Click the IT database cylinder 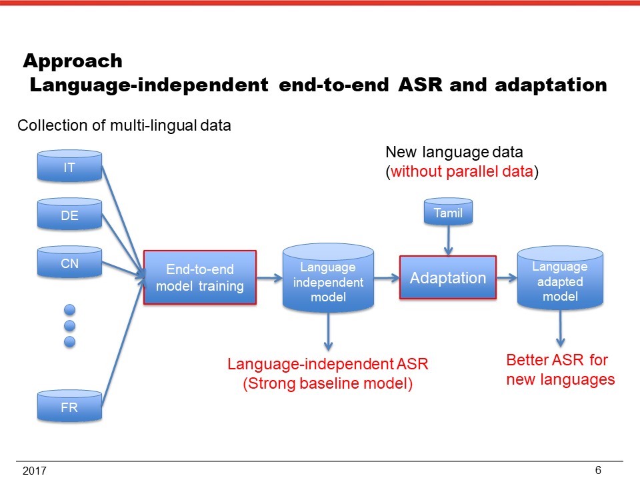pos(69,167)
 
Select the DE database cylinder pos(69,215)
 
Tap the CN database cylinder pos(69,263)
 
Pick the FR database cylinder pos(69,407)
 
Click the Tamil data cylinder pos(448,213)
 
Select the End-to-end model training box pos(200,278)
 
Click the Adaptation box pos(448,278)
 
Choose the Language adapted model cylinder pos(561,279)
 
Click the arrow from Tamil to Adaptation pos(448,239)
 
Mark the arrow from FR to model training pos(123,340)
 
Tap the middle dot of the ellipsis pos(69,325)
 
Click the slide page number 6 pos(598,470)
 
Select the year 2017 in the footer pos(34,471)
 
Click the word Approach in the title pos(73,61)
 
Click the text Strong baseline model pos(328,384)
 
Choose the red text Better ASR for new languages pos(560,371)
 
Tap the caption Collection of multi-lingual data pos(124,125)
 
